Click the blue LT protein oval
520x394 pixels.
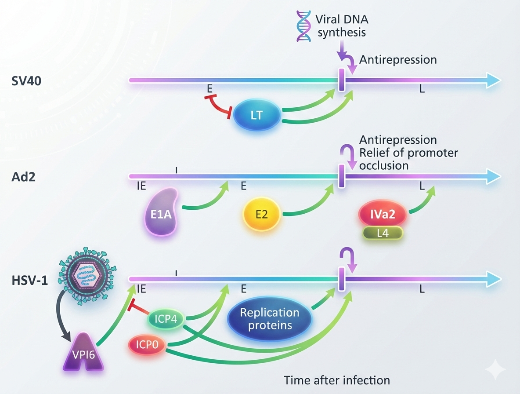256,115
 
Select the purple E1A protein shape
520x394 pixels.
161,212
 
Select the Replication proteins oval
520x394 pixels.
269,319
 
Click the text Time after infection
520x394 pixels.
337,379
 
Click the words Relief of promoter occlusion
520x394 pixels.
408,159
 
